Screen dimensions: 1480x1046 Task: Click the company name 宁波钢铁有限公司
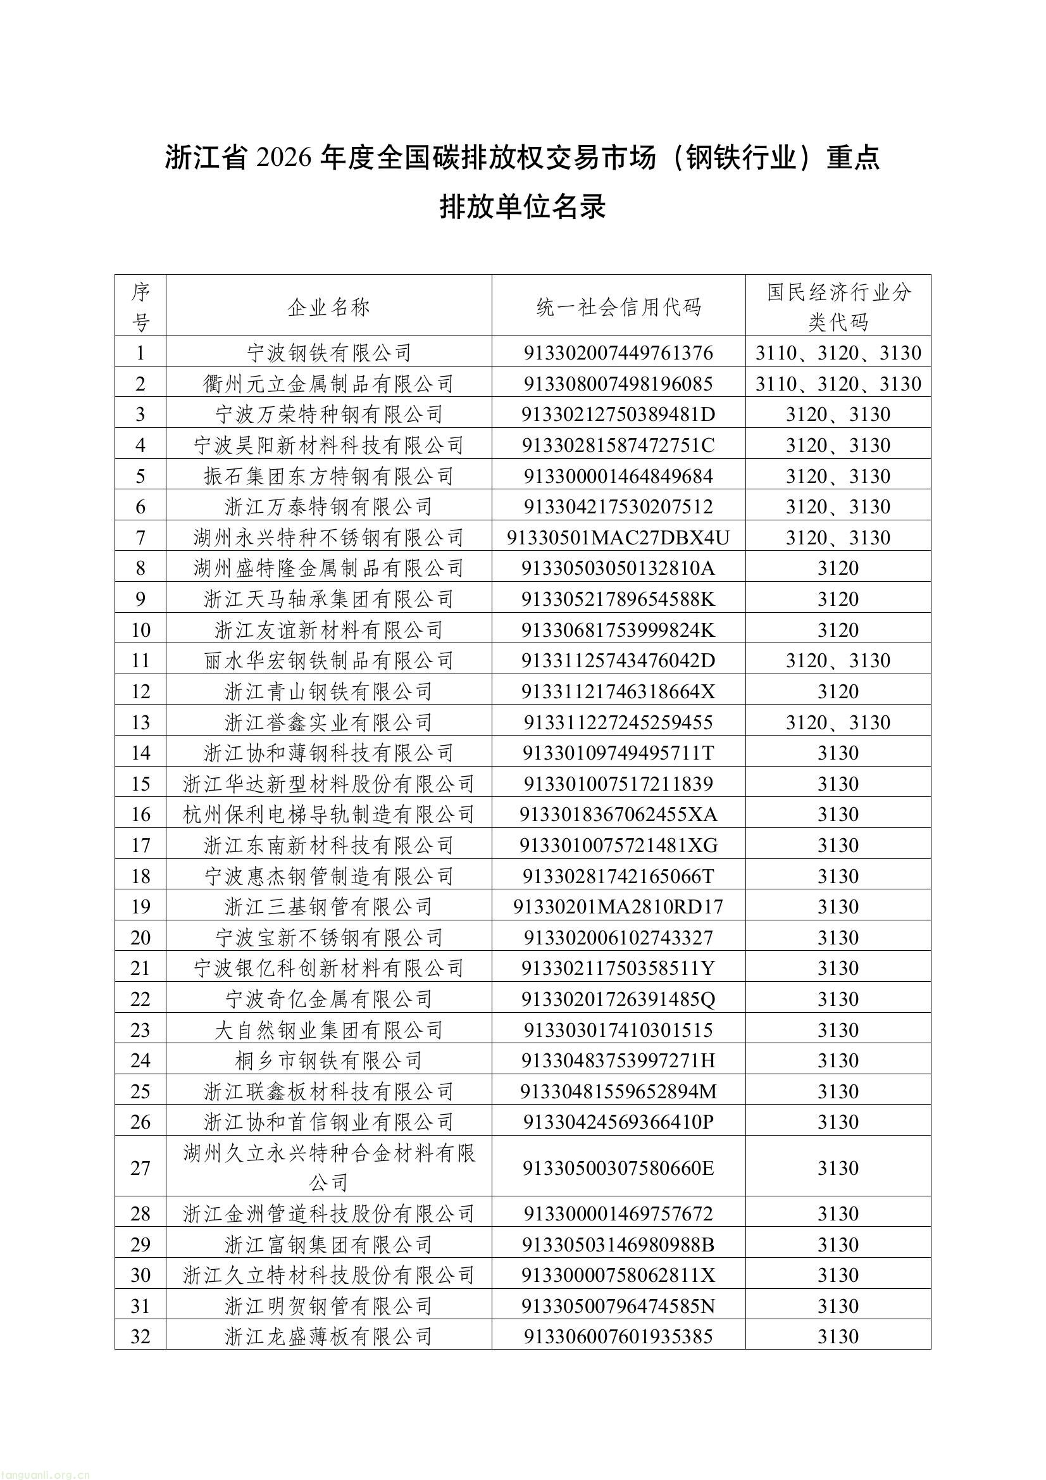coord(328,353)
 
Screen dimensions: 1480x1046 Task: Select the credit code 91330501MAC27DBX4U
coord(618,537)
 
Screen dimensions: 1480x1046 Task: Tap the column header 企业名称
coord(328,307)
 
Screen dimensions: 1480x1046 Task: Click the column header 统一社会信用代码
coord(618,307)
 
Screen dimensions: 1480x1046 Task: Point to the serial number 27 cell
coord(140,1168)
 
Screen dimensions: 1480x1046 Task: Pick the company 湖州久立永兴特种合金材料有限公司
coord(328,1167)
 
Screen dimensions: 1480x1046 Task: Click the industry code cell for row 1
coord(838,353)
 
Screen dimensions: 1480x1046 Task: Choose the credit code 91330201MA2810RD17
coord(618,907)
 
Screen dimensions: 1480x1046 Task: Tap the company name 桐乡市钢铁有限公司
coord(328,1060)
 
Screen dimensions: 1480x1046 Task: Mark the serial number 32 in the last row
coord(140,1337)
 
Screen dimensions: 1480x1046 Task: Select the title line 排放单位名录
coord(523,208)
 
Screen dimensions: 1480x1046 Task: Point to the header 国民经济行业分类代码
coord(838,307)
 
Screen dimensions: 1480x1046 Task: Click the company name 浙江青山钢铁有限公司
coord(328,692)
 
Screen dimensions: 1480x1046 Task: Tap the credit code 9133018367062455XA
coord(618,815)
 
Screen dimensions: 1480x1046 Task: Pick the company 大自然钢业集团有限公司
coord(328,1030)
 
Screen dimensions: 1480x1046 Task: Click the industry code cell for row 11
coord(838,661)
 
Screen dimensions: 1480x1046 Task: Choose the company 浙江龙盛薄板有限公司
coord(328,1337)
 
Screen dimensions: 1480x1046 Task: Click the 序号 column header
coord(140,307)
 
